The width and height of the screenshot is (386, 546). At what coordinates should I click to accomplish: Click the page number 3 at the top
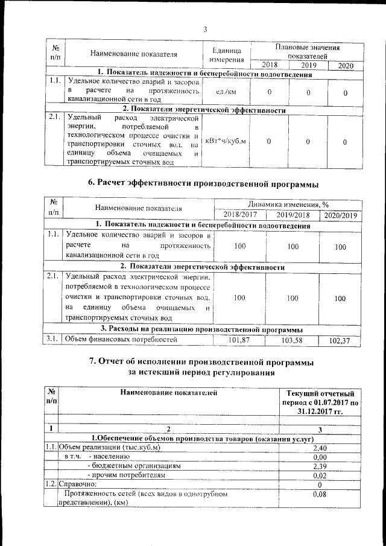pos(205,30)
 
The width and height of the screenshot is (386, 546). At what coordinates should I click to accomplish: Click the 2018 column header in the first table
pos(269,65)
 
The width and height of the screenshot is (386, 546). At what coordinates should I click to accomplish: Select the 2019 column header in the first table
pos(308,65)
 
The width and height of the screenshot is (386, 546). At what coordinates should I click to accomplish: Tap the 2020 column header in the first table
pos(346,66)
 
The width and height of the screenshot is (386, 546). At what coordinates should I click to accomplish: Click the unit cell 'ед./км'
pos(225,92)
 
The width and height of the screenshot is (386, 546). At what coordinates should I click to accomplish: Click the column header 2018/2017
pos(239,215)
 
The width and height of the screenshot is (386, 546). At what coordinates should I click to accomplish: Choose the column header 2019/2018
pos(293,215)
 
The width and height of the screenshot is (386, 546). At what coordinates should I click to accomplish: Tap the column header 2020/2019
pos(341,215)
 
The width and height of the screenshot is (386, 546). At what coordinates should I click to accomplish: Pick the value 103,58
pos(293,340)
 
